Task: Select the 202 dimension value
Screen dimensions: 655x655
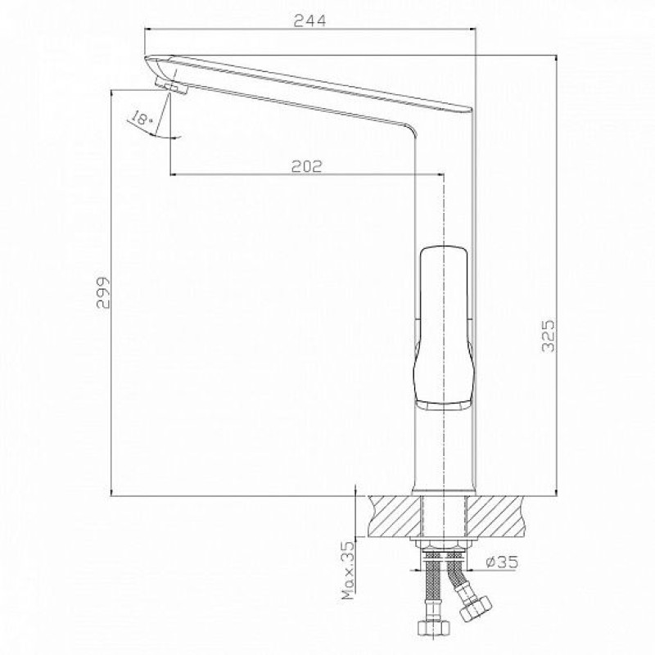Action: tap(307, 166)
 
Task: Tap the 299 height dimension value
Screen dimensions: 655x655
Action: tap(103, 292)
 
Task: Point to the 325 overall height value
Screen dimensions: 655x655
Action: tap(548, 336)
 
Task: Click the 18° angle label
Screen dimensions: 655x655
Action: tap(141, 118)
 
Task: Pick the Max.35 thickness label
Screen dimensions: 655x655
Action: tap(347, 571)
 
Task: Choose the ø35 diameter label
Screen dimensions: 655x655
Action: tap(502, 562)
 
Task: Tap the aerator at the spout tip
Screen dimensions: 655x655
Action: tap(171, 85)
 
